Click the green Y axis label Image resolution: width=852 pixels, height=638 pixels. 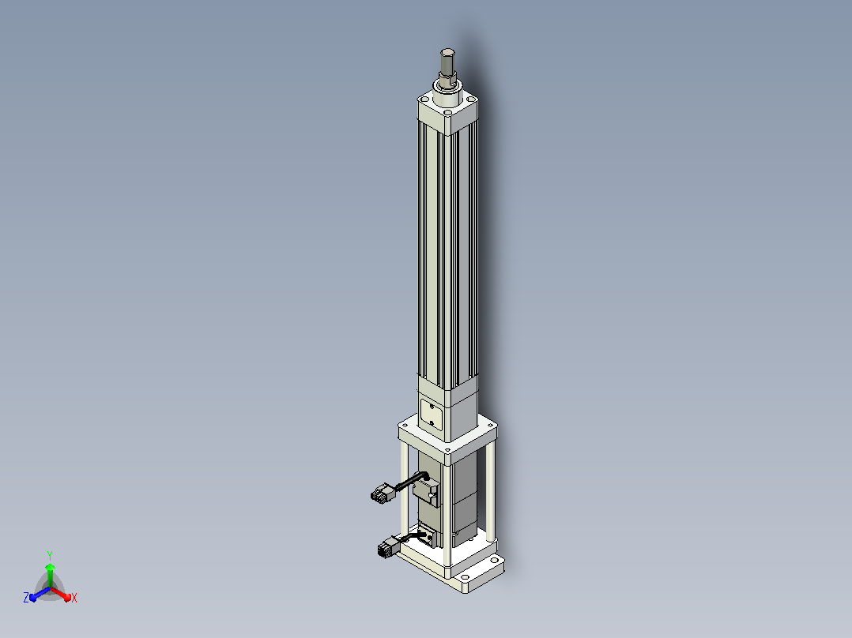click(50, 555)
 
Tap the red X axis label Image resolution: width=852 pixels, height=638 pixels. click(74, 598)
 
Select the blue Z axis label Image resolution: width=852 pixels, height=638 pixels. click(25, 597)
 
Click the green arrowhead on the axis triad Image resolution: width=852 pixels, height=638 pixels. click(50, 567)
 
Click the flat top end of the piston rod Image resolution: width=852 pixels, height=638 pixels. click(447, 52)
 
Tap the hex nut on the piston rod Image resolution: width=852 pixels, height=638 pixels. click(447, 81)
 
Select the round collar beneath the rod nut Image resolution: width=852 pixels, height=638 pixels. click(447, 95)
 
